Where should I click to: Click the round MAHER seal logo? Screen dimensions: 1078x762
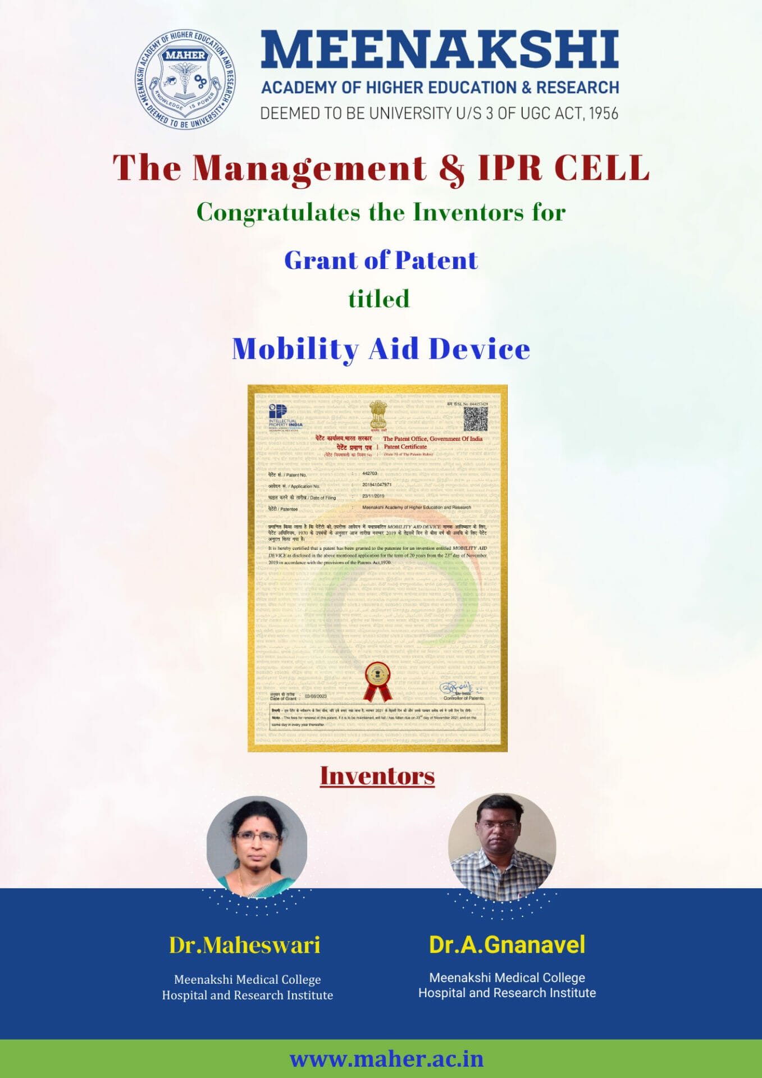point(185,79)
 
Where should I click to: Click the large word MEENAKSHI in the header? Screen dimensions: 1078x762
point(440,50)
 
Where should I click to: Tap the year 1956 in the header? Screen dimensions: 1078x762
point(603,113)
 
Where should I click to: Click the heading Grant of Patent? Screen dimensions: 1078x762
point(381,261)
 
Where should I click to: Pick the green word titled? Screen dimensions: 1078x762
point(378,299)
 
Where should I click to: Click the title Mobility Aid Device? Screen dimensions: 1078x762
point(381,349)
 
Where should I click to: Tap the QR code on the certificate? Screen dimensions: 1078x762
point(475,419)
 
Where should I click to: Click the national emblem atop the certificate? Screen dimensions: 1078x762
point(378,415)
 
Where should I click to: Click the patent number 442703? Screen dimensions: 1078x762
point(369,473)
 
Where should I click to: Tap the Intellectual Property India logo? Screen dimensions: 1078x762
point(284,417)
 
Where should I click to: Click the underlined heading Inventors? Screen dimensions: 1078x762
point(377,776)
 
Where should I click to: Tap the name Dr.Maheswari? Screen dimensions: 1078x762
point(245,945)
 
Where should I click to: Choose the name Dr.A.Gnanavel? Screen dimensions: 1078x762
point(507,945)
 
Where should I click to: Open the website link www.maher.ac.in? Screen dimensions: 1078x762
point(386,1059)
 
